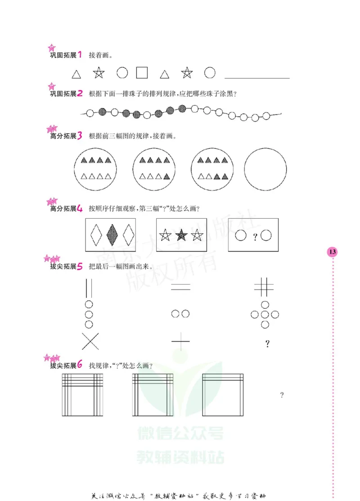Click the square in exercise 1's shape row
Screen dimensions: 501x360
coord(142,72)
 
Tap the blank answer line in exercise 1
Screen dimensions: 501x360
coord(256,77)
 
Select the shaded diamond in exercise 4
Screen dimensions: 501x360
coord(112,234)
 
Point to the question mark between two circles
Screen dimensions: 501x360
coord(255,236)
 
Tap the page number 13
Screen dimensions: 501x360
coord(333,252)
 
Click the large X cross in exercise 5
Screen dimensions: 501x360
coord(90,342)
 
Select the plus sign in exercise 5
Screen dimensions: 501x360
coord(181,342)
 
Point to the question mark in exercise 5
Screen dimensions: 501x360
coord(267,344)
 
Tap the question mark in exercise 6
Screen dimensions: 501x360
coord(282,395)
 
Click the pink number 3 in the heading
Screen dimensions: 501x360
coord(79,135)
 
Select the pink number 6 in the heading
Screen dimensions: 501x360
coord(80,365)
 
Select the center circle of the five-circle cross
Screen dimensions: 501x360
coord(265,314)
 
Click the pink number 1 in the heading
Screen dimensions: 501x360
coord(80,55)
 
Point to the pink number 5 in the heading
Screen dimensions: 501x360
coord(80,266)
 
